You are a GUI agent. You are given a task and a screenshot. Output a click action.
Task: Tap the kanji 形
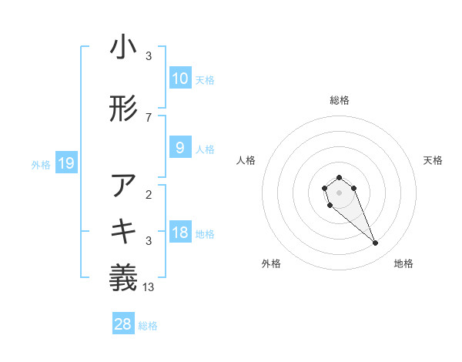click(123, 109)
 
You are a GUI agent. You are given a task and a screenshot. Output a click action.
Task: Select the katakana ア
click(123, 186)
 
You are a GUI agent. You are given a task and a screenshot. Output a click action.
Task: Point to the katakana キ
click(123, 231)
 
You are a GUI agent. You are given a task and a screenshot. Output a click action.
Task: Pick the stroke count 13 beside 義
click(149, 287)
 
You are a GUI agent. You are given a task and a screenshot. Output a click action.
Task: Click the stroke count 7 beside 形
click(149, 118)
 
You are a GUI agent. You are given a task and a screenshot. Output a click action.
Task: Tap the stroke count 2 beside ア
click(149, 195)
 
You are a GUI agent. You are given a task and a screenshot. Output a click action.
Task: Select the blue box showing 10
click(179, 79)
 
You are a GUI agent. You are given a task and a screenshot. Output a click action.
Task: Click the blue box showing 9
click(179, 148)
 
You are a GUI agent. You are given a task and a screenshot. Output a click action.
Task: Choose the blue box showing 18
click(179, 233)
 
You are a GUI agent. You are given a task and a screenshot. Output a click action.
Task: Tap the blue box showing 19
click(65, 163)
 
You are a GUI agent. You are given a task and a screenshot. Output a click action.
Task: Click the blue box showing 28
click(122, 324)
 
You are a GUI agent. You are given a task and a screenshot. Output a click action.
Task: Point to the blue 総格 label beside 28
click(149, 326)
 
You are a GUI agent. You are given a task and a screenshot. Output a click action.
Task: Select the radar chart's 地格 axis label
click(403, 263)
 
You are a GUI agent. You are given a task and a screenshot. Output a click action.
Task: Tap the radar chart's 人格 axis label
click(246, 160)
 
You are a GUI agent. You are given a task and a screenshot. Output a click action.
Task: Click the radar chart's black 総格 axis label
click(339, 100)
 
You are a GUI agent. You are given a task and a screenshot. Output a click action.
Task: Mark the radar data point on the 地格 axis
click(376, 243)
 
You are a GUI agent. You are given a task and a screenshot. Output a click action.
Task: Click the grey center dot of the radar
click(339, 192)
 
